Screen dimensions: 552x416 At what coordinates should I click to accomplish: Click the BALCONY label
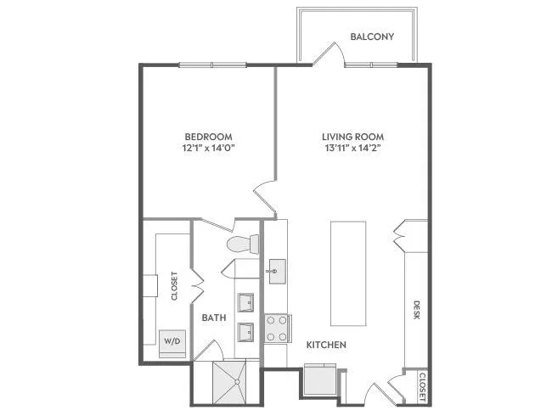pyautogui.click(x=372, y=37)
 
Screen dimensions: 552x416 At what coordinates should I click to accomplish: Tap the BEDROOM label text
pyautogui.click(x=208, y=137)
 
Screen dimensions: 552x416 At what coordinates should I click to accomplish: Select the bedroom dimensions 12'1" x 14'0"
pyautogui.click(x=208, y=148)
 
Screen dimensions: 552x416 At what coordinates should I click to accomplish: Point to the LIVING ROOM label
pyautogui.click(x=352, y=137)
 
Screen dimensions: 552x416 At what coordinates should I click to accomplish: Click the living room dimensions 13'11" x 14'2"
pyautogui.click(x=353, y=148)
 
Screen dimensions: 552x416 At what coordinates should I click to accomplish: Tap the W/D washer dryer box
pyautogui.click(x=172, y=344)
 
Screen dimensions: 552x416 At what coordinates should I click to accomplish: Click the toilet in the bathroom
pyautogui.click(x=243, y=244)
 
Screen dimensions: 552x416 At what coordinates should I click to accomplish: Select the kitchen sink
pyautogui.click(x=277, y=272)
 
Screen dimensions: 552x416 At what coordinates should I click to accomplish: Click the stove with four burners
pyautogui.click(x=277, y=329)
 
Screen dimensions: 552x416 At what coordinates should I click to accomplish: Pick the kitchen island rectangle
pyautogui.click(x=348, y=273)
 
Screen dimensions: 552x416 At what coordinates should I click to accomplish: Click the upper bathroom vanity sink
pyautogui.click(x=245, y=303)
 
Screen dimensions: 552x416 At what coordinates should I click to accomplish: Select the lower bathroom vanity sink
pyautogui.click(x=245, y=332)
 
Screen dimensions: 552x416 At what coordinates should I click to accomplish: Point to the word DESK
pyautogui.click(x=416, y=310)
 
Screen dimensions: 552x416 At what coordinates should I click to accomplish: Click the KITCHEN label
pyautogui.click(x=326, y=345)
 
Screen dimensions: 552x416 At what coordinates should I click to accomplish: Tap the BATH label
pyautogui.click(x=214, y=318)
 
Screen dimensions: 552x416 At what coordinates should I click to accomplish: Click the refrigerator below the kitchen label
pyautogui.click(x=321, y=379)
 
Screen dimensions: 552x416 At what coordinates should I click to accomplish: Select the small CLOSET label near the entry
pyautogui.click(x=422, y=387)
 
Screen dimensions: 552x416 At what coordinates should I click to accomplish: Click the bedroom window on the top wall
pyautogui.click(x=212, y=65)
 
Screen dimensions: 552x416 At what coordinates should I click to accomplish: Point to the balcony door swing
pyautogui.click(x=329, y=53)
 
